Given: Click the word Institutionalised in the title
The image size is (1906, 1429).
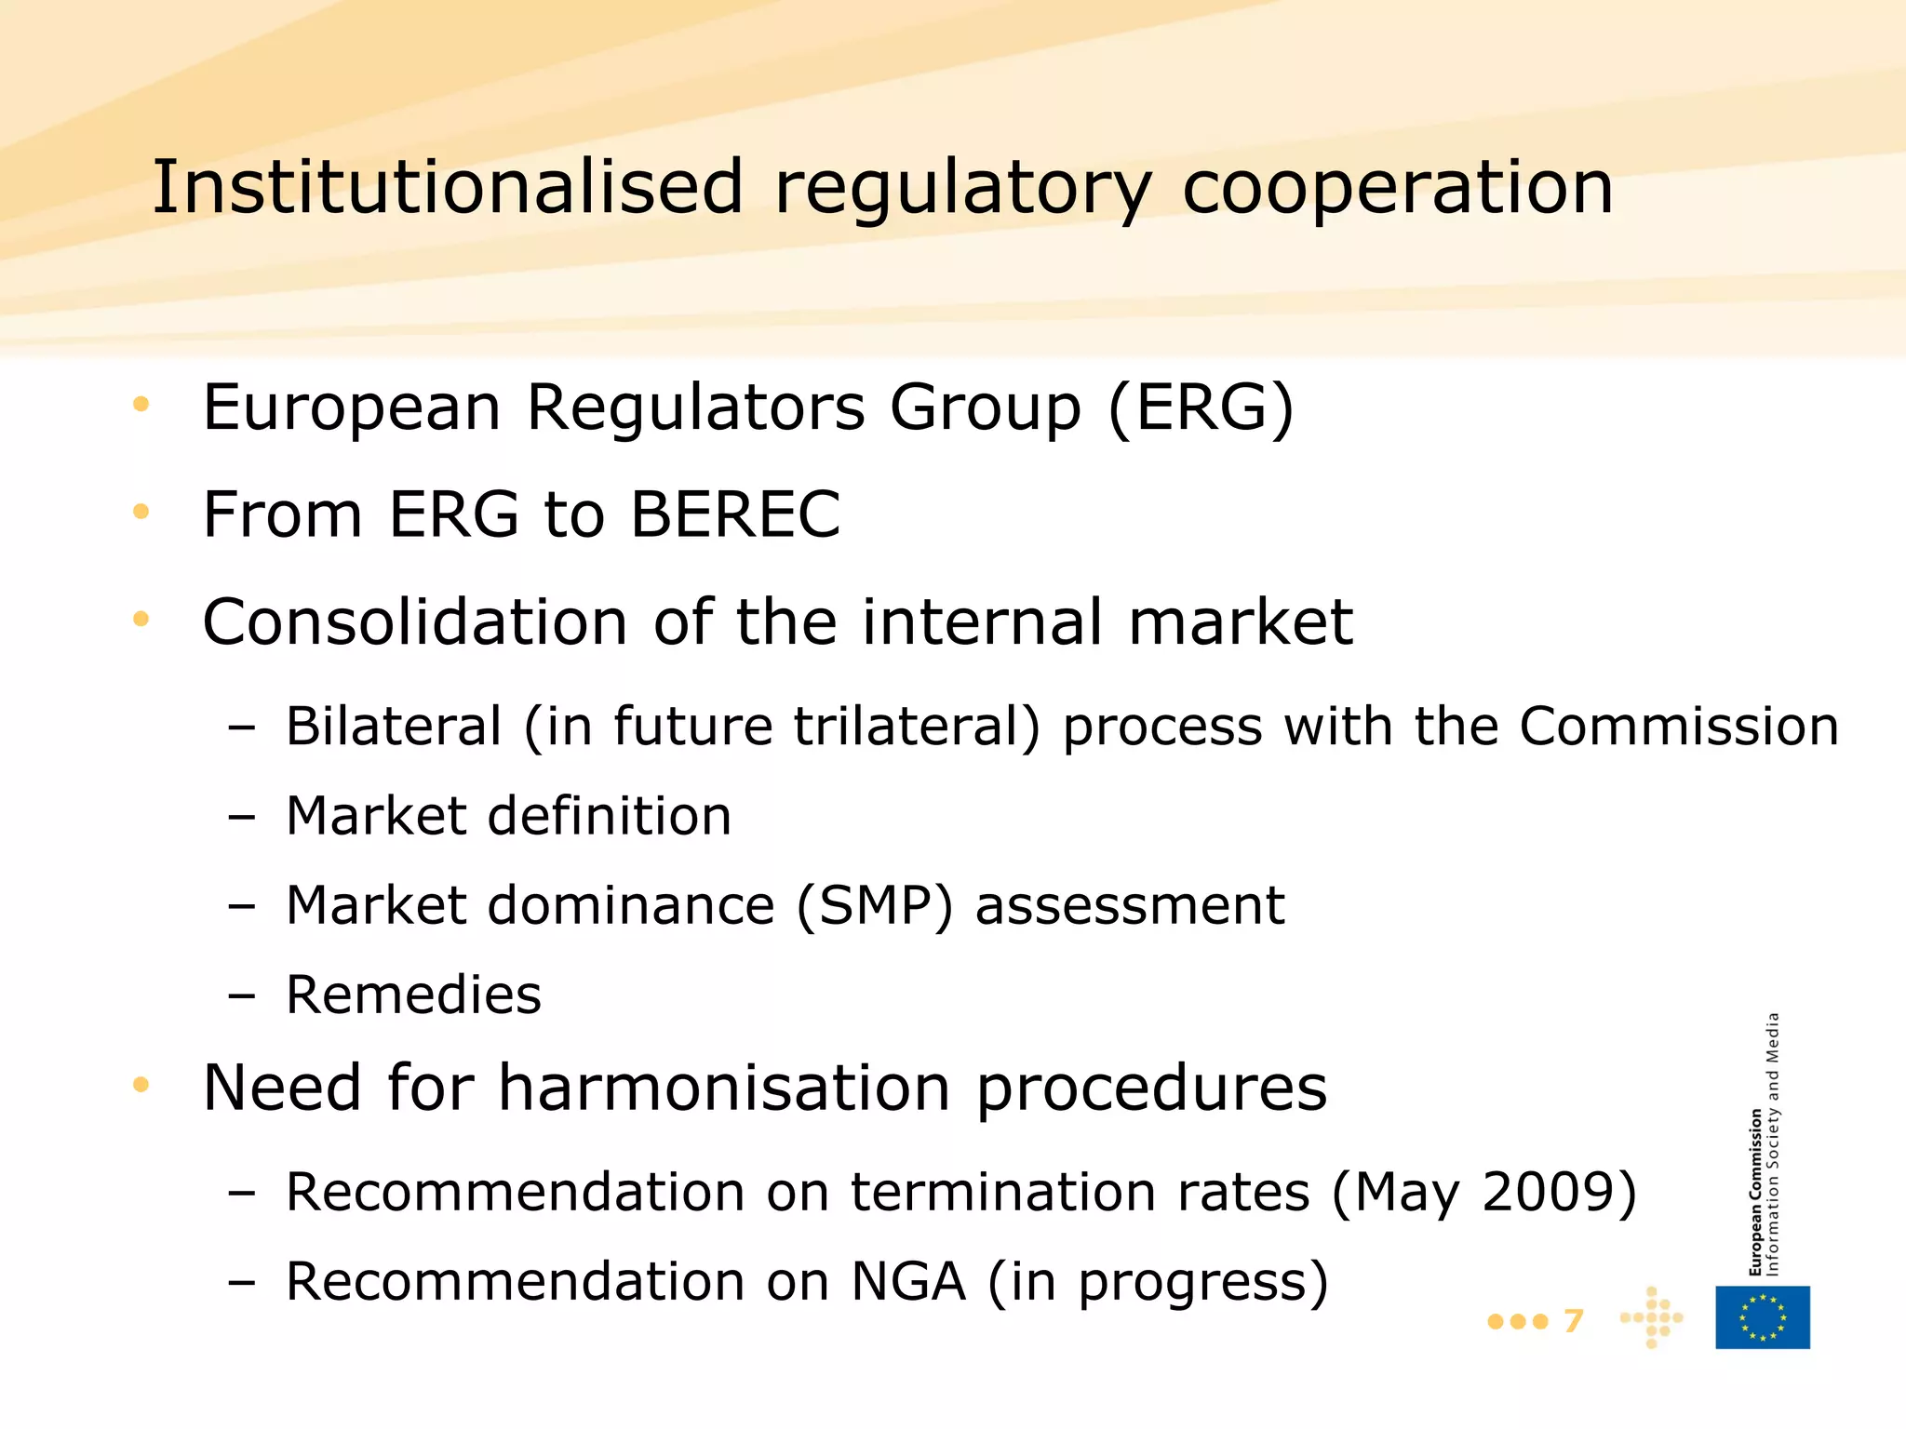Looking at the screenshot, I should point(448,187).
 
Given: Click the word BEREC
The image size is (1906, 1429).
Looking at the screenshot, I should point(735,514).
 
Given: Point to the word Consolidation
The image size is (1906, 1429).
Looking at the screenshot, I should point(415,621).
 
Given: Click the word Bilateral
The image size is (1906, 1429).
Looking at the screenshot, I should point(394,727).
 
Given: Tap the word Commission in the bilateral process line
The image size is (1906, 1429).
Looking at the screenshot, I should point(1679,727).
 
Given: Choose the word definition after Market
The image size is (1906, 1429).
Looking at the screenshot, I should point(610,816).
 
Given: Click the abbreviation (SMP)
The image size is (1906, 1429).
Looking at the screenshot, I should point(875,906).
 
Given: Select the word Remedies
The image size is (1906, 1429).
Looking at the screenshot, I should point(413,995).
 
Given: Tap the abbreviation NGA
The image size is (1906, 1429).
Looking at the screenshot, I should point(908,1281).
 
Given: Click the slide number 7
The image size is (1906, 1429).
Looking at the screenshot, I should point(1573,1320).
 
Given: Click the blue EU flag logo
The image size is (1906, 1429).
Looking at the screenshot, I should point(1763,1317).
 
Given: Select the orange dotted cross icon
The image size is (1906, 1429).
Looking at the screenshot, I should point(1652,1317).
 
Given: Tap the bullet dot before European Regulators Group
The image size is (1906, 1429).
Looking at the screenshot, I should point(141,404).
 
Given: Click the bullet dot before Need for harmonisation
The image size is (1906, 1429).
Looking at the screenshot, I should point(141,1084).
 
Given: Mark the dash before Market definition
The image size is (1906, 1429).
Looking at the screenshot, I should point(241,818).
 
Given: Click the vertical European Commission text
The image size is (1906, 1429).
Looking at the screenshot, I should point(1755,1191).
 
